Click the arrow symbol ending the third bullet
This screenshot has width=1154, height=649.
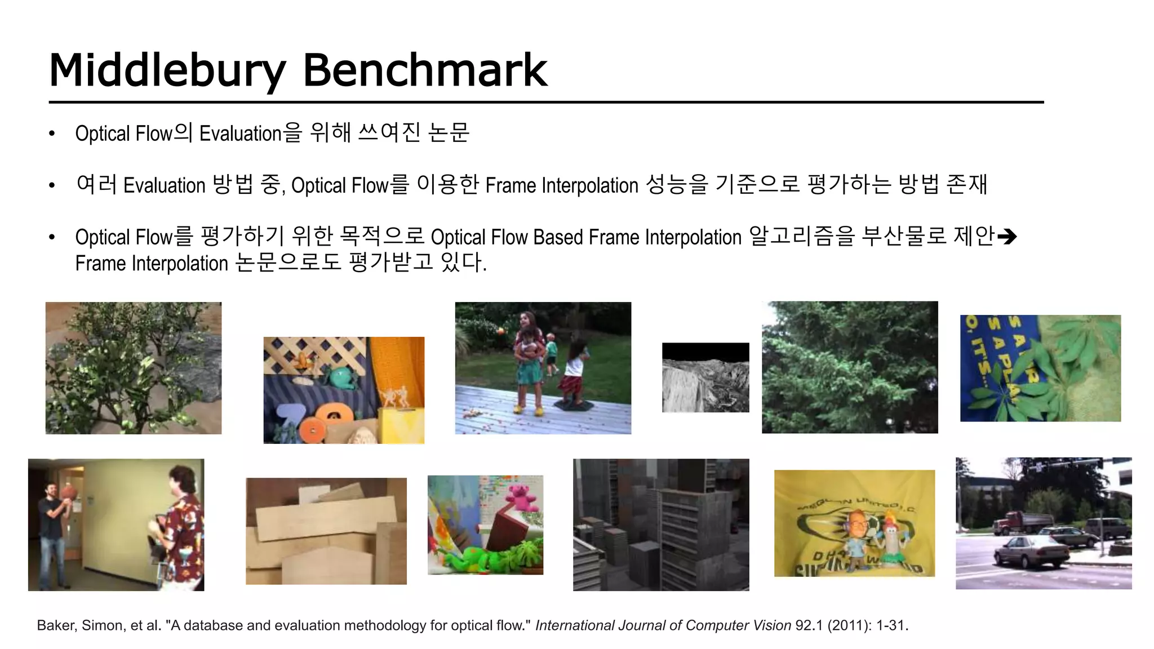point(1006,237)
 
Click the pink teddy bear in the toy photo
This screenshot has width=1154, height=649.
point(523,496)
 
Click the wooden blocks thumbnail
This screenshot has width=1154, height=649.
point(326,531)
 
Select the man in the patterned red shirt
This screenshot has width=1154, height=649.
point(181,527)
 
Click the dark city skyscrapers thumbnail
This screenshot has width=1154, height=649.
point(661,524)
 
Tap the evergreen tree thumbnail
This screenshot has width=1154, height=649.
point(850,367)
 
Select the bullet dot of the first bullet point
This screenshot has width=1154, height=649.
point(52,134)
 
